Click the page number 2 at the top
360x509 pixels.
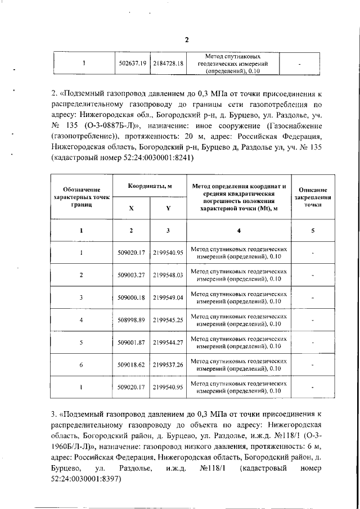coord(187,39)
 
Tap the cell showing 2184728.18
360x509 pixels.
coord(169,64)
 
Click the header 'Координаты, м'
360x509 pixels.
coord(150,186)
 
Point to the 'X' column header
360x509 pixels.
coord(132,208)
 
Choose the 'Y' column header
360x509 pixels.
coord(168,208)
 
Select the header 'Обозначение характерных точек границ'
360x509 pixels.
coord(82,198)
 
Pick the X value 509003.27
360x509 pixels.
coord(132,275)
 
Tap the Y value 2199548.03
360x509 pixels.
coord(169,275)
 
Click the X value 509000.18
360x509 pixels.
coord(132,298)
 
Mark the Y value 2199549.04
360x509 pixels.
coord(169,298)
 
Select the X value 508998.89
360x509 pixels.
coord(132,320)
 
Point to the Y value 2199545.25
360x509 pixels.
coord(169,320)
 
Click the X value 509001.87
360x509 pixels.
coord(132,343)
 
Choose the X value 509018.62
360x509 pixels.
coord(132,365)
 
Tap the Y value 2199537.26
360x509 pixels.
coord(169,365)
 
